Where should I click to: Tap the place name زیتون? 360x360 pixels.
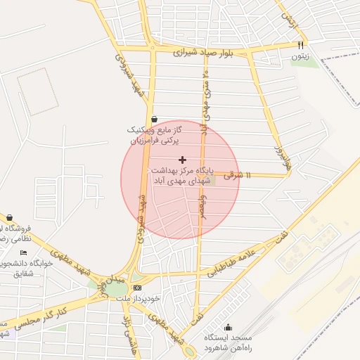(300, 56)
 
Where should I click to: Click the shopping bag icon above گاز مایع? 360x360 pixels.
(154, 119)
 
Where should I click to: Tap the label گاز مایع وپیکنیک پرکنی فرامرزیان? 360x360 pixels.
(154, 136)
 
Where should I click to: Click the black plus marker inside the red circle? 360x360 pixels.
(183, 160)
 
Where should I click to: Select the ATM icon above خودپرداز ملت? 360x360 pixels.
(136, 287)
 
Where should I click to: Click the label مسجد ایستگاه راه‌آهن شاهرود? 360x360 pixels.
(228, 343)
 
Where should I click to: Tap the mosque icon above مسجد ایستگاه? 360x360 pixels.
(228, 327)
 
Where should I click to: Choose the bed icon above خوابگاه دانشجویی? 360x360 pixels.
(25, 253)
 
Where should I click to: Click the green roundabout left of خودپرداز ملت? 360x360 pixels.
(117, 289)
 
